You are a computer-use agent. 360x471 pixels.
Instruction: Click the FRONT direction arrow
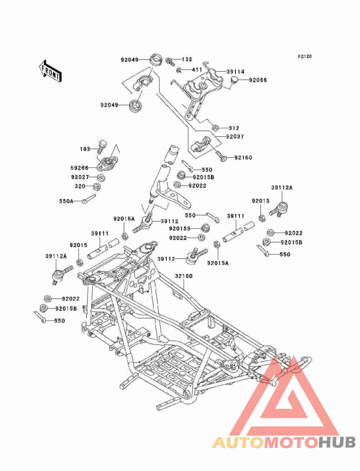(50, 71)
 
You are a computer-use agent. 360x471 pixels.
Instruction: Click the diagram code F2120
(305, 56)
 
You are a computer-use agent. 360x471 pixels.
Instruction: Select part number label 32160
(184, 276)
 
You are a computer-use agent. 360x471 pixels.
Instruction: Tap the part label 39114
(235, 72)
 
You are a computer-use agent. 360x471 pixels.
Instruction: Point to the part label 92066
(258, 80)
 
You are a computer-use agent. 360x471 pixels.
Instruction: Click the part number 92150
(243, 158)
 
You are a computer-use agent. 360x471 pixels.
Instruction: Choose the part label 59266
(80, 168)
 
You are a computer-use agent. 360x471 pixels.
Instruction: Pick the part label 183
(85, 149)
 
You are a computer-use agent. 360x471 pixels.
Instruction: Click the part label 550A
(66, 201)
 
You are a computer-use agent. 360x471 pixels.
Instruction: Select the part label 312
(234, 128)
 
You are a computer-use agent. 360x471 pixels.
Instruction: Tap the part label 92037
(235, 137)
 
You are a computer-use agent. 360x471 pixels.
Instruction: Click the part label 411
(197, 70)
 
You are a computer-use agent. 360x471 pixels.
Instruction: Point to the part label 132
(187, 59)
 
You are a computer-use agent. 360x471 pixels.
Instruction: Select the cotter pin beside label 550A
(89, 199)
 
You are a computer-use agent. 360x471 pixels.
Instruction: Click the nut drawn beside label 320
(97, 187)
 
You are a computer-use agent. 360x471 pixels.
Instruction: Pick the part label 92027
(80, 177)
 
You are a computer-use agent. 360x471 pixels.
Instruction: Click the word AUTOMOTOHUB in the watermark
(284, 442)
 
